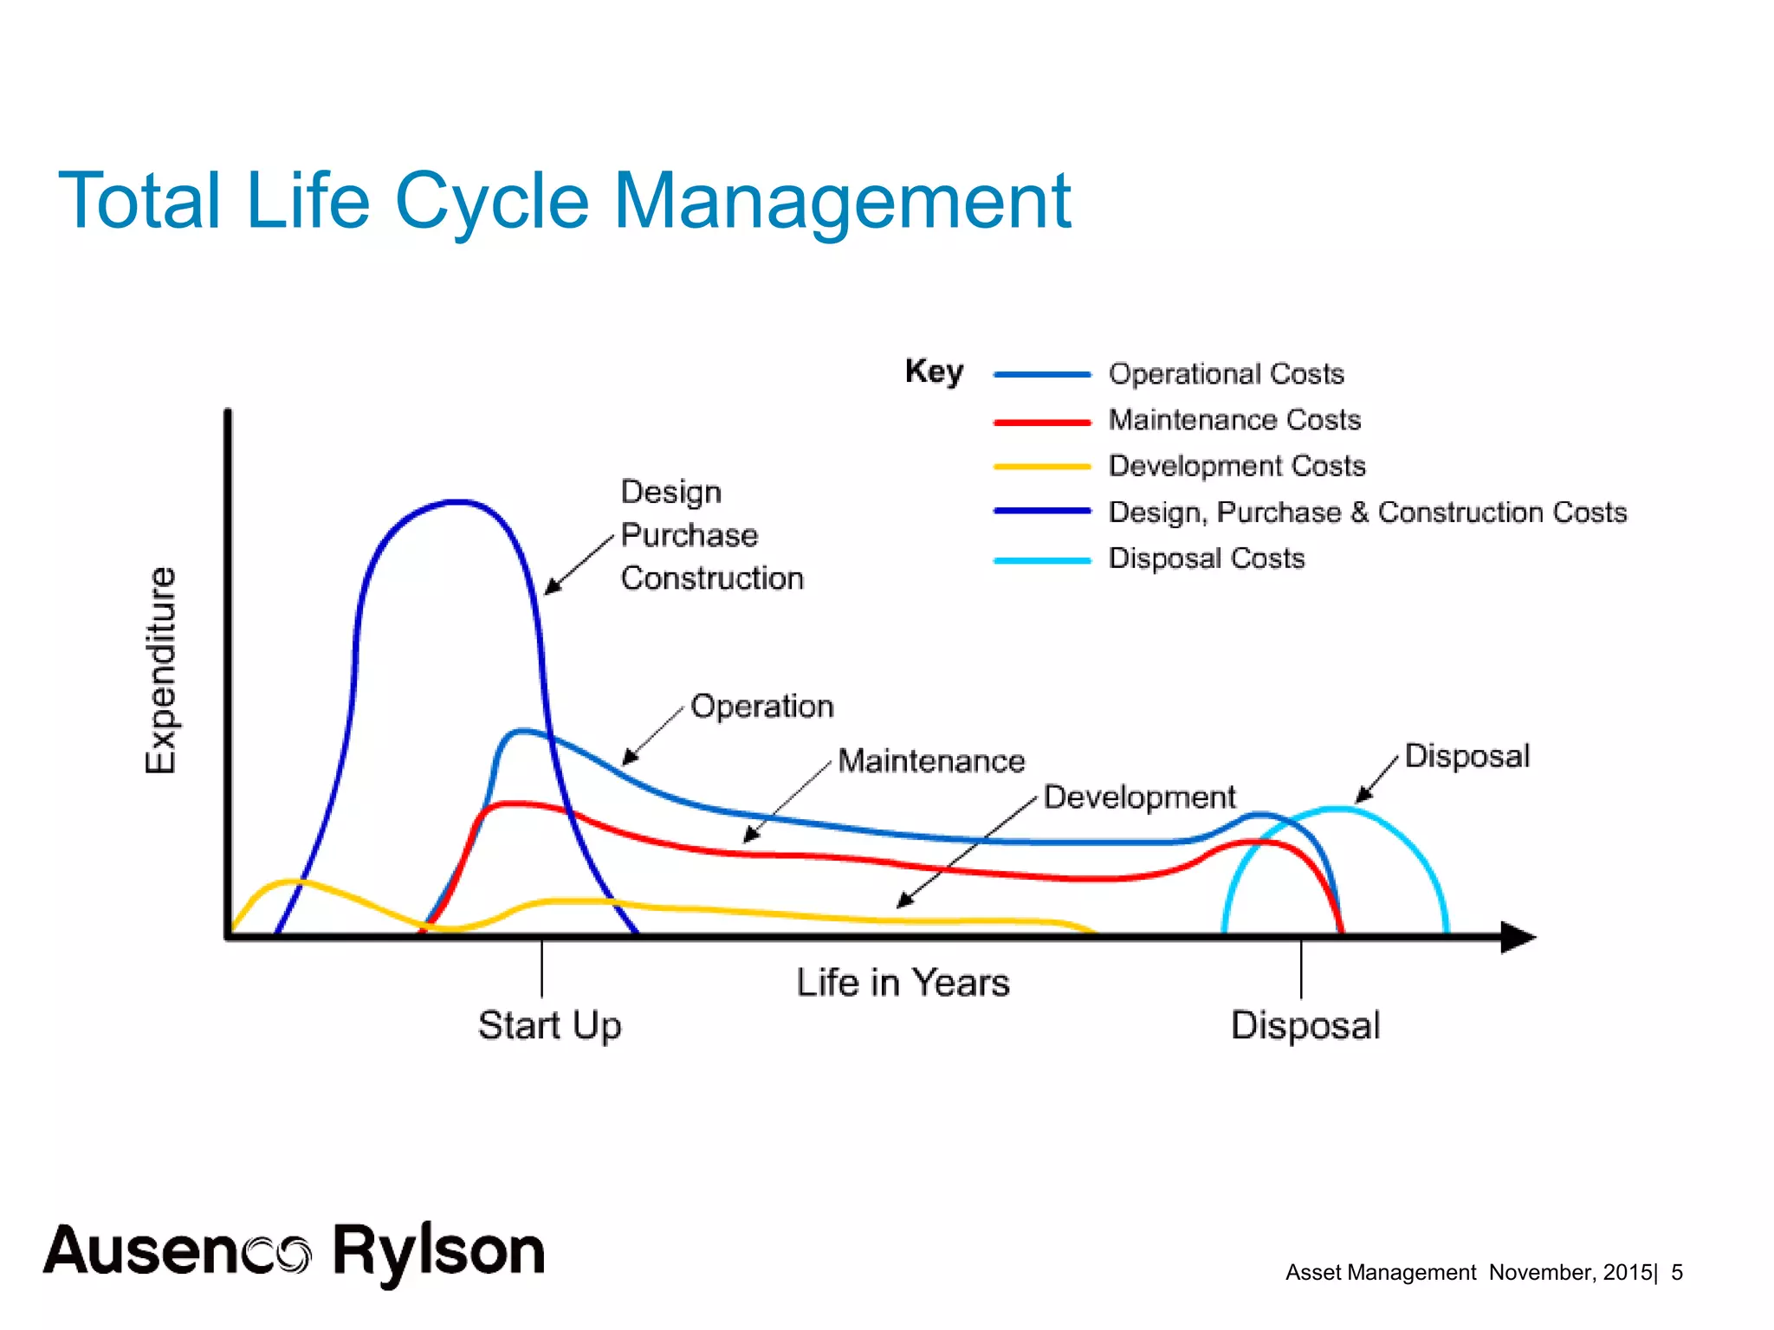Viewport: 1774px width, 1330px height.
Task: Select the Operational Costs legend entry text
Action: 1226,374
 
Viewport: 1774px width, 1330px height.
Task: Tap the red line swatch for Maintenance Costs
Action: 1041,422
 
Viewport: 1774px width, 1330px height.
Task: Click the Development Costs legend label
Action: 1236,466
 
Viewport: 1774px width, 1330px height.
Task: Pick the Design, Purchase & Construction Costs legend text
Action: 1367,512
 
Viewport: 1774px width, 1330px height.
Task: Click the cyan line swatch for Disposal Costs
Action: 1041,560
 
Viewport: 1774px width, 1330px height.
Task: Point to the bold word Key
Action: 934,371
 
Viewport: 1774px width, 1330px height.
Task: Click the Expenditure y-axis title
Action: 161,669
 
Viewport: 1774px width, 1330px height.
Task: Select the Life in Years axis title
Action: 903,983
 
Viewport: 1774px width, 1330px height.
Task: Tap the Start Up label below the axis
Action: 549,1025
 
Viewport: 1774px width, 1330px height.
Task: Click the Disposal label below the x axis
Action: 1305,1025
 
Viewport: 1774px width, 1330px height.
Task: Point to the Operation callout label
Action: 761,707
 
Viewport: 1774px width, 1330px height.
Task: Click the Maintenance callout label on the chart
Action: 931,761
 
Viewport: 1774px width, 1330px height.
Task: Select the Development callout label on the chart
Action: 1138,797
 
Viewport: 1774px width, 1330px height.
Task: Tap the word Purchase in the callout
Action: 689,535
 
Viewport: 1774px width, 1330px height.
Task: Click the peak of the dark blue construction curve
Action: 456,501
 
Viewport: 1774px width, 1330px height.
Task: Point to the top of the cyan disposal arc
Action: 1337,809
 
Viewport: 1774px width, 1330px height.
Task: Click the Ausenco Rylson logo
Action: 295,1252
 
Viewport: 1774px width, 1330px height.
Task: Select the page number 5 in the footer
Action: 1676,1272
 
